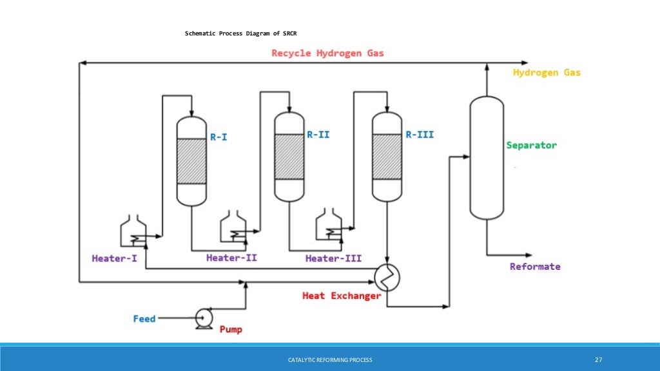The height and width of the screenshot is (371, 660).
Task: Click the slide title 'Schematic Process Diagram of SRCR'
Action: pyautogui.click(x=240, y=33)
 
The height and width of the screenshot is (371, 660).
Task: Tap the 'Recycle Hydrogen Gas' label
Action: pyautogui.click(x=327, y=53)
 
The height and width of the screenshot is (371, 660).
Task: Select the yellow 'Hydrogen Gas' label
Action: pyautogui.click(x=547, y=73)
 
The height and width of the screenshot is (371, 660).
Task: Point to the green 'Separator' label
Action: pyautogui.click(x=531, y=145)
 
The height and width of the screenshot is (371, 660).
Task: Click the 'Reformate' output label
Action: pyautogui.click(x=535, y=267)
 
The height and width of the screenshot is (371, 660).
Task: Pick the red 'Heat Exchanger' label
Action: pyautogui.click(x=342, y=296)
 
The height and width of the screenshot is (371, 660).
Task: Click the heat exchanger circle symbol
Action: pyautogui.click(x=387, y=278)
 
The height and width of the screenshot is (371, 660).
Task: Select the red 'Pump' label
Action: pyautogui.click(x=231, y=329)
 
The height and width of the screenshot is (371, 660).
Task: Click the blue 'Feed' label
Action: pyautogui.click(x=144, y=318)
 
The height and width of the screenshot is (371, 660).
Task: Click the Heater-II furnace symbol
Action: pyautogui.click(x=233, y=227)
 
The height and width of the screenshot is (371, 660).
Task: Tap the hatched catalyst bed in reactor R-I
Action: pyautogui.click(x=191, y=161)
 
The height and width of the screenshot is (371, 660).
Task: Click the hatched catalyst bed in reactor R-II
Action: pyautogui.click(x=289, y=157)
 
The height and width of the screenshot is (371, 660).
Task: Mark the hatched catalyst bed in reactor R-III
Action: pyautogui.click(x=387, y=157)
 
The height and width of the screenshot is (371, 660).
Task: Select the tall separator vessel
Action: pyautogui.click(x=486, y=158)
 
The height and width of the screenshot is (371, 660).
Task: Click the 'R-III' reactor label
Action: pyautogui.click(x=419, y=135)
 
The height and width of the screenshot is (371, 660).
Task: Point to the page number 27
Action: pyautogui.click(x=597, y=359)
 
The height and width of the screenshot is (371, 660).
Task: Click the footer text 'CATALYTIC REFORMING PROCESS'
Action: pyautogui.click(x=330, y=359)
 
